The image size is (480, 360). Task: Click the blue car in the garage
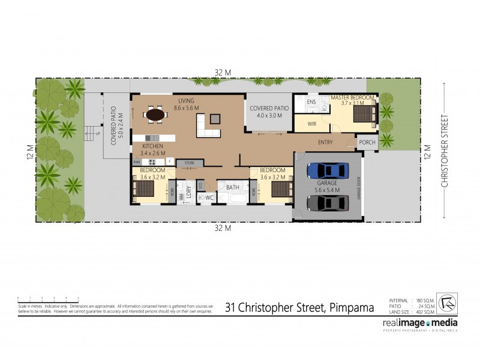(x=328, y=171)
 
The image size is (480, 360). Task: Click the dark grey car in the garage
(x=328, y=204)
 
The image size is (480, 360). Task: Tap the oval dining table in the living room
(x=155, y=113)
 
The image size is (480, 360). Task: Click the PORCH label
(x=367, y=143)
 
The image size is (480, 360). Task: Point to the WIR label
(x=312, y=124)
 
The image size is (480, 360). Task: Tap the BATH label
(x=233, y=187)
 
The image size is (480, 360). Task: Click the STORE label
(x=190, y=163)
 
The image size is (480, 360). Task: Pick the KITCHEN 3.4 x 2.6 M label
(x=152, y=149)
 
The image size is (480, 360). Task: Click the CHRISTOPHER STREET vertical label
(x=445, y=151)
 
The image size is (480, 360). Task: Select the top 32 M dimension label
(x=223, y=72)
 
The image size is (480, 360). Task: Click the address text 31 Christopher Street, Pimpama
(x=299, y=308)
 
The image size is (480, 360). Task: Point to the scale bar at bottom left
(x=48, y=298)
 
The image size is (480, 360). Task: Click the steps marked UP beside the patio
(x=90, y=133)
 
